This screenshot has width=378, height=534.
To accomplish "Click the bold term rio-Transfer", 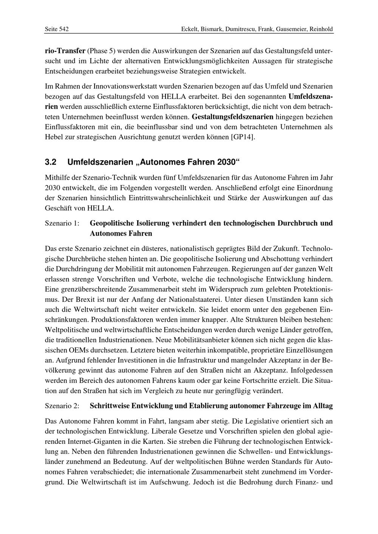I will point(65,51).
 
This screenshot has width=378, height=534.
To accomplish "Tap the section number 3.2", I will point(51,162).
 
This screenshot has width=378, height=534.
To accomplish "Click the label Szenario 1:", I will point(62,224).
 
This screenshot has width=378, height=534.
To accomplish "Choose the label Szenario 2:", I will point(62,406).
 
